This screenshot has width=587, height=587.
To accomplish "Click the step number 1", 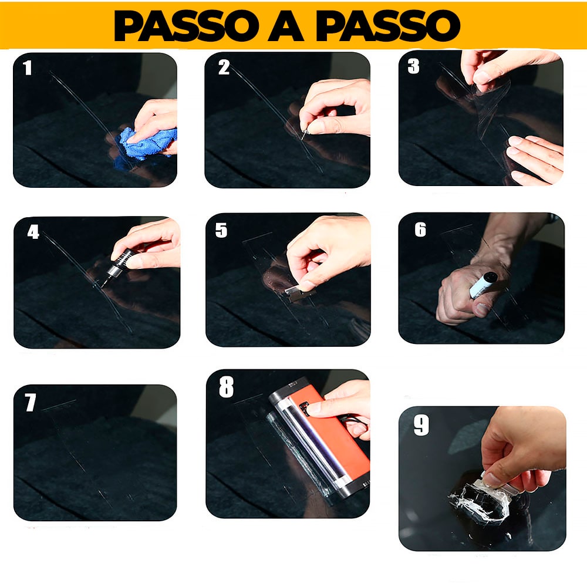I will point(28,69).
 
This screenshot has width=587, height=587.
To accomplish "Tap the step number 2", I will point(224,68).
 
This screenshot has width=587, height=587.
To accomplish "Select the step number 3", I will point(413,66).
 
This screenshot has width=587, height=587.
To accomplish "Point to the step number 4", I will point(33,232).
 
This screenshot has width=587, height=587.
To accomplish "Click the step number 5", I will point(221,231).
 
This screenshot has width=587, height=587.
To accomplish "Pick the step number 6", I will point(420,230).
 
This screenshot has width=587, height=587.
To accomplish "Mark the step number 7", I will point(30,403).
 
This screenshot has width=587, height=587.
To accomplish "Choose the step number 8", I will point(226,388).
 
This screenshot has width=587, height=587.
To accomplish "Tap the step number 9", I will point(421,426).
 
